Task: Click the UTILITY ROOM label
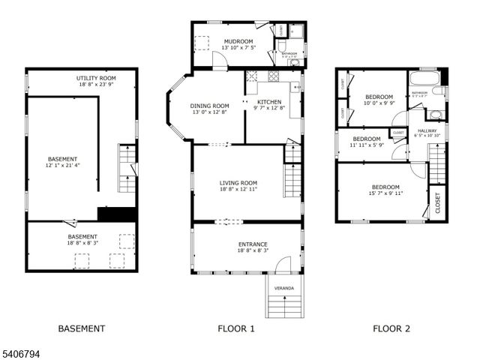(96, 78)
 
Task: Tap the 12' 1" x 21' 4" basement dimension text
(63, 166)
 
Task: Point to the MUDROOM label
(237, 41)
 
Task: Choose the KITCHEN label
(269, 101)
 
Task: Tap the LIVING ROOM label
(238, 183)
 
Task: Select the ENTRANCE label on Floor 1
(253, 244)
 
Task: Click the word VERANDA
(284, 288)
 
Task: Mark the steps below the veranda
(285, 306)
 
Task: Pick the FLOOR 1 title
(236, 328)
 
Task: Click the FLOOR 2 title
(391, 328)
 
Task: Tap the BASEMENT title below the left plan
(82, 328)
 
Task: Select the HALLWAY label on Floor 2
(427, 130)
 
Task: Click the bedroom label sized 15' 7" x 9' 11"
(385, 187)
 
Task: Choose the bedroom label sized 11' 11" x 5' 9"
(367, 139)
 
